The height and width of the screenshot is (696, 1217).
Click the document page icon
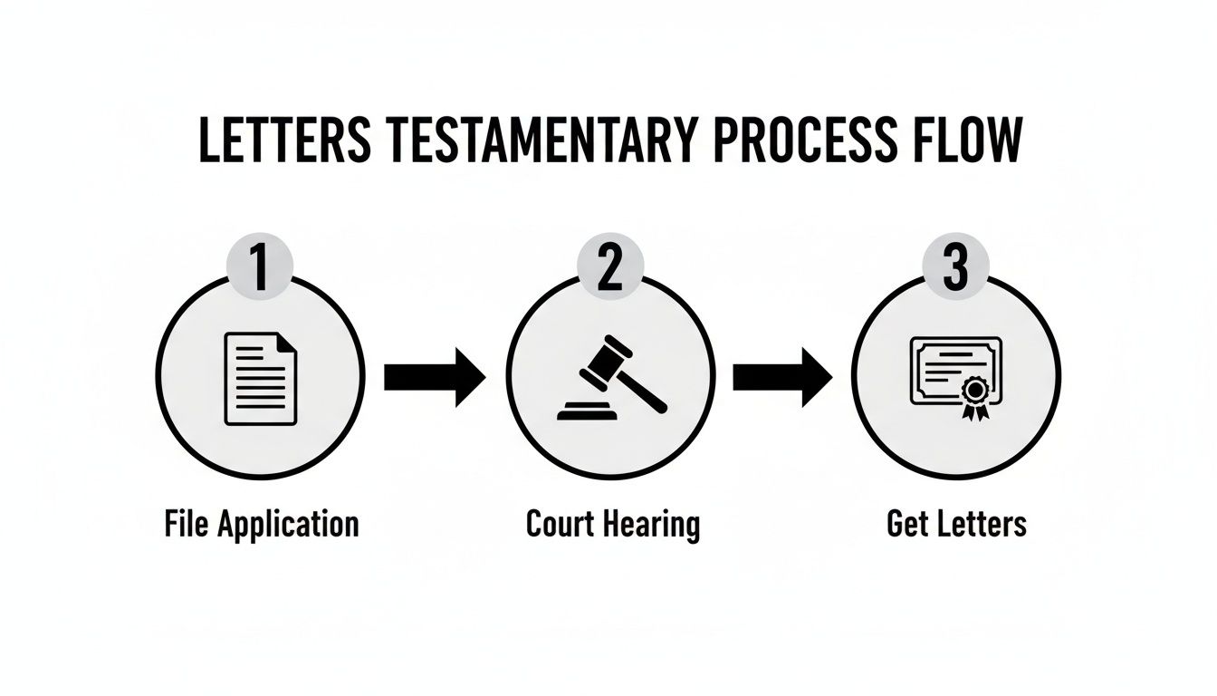261,379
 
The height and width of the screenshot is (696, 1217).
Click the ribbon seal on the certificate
974,395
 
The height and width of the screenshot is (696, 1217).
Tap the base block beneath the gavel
588,414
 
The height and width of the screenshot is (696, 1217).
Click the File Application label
262,525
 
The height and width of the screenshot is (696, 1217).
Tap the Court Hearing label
613,525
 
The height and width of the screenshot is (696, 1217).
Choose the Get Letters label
957,525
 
